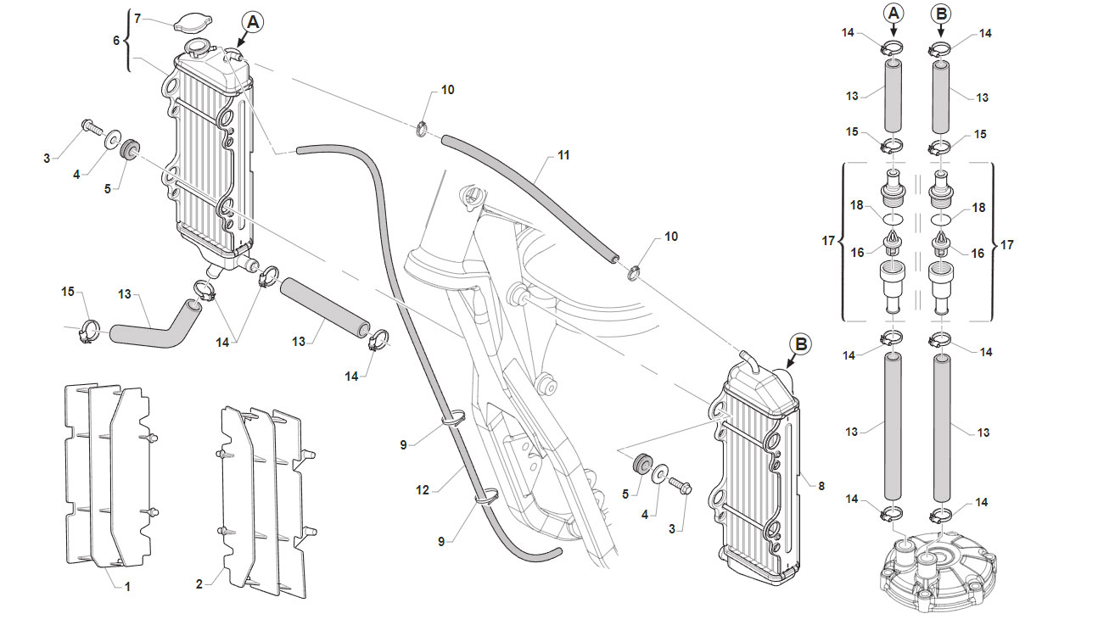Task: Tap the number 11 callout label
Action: [x=563, y=155]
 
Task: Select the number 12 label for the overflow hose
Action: [x=423, y=490]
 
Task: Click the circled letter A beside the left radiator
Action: [x=253, y=22]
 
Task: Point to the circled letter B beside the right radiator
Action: [x=800, y=344]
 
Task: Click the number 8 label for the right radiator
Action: [x=821, y=486]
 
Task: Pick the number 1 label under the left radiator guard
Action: [x=127, y=586]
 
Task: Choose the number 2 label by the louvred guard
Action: [x=199, y=583]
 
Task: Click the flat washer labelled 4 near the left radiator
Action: [x=112, y=137]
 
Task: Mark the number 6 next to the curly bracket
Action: [x=116, y=40]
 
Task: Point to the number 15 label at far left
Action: [x=68, y=292]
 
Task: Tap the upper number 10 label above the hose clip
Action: [x=447, y=90]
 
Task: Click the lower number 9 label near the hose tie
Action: [x=441, y=541]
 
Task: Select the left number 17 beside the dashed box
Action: [x=828, y=241]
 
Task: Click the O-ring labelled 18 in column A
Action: [x=894, y=218]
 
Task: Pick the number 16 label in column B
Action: [x=978, y=254]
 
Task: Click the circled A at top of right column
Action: [x=894, y=14]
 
